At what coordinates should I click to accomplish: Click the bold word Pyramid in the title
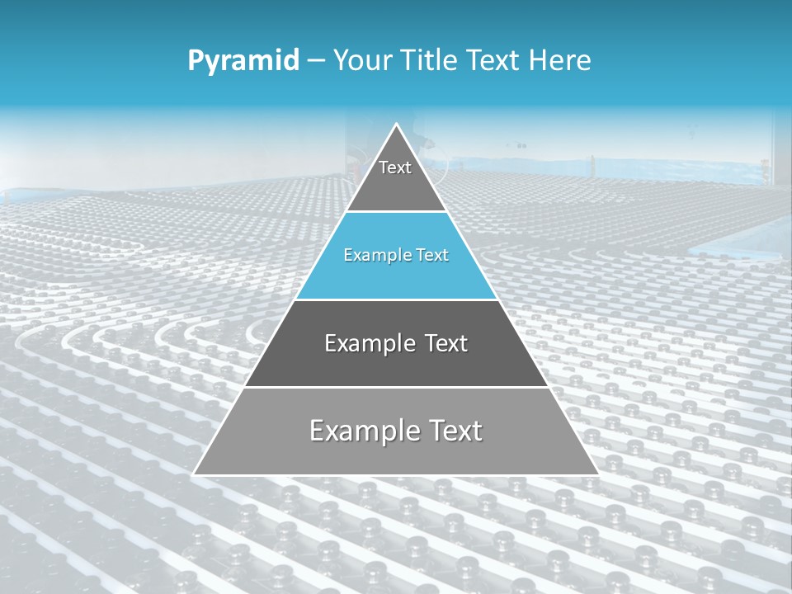pyautogui.click(x=243, y=61)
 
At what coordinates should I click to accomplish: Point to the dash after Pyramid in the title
pyautogui.click(x=315, y=61)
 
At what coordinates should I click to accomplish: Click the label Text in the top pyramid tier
pyautogui.click(x=395, y=167)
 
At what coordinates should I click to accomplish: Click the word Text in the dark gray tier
pyautogui.click(x=447, y=343)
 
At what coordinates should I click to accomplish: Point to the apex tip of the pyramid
pyautogui.click(x=396, y=125)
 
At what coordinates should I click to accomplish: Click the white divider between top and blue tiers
pyautogui.click(x=396, y=212)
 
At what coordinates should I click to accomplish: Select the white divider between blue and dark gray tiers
pyautogui.click(x=396, y=299)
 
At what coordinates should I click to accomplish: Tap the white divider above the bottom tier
pyautogui.click(x=396, y=387)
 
